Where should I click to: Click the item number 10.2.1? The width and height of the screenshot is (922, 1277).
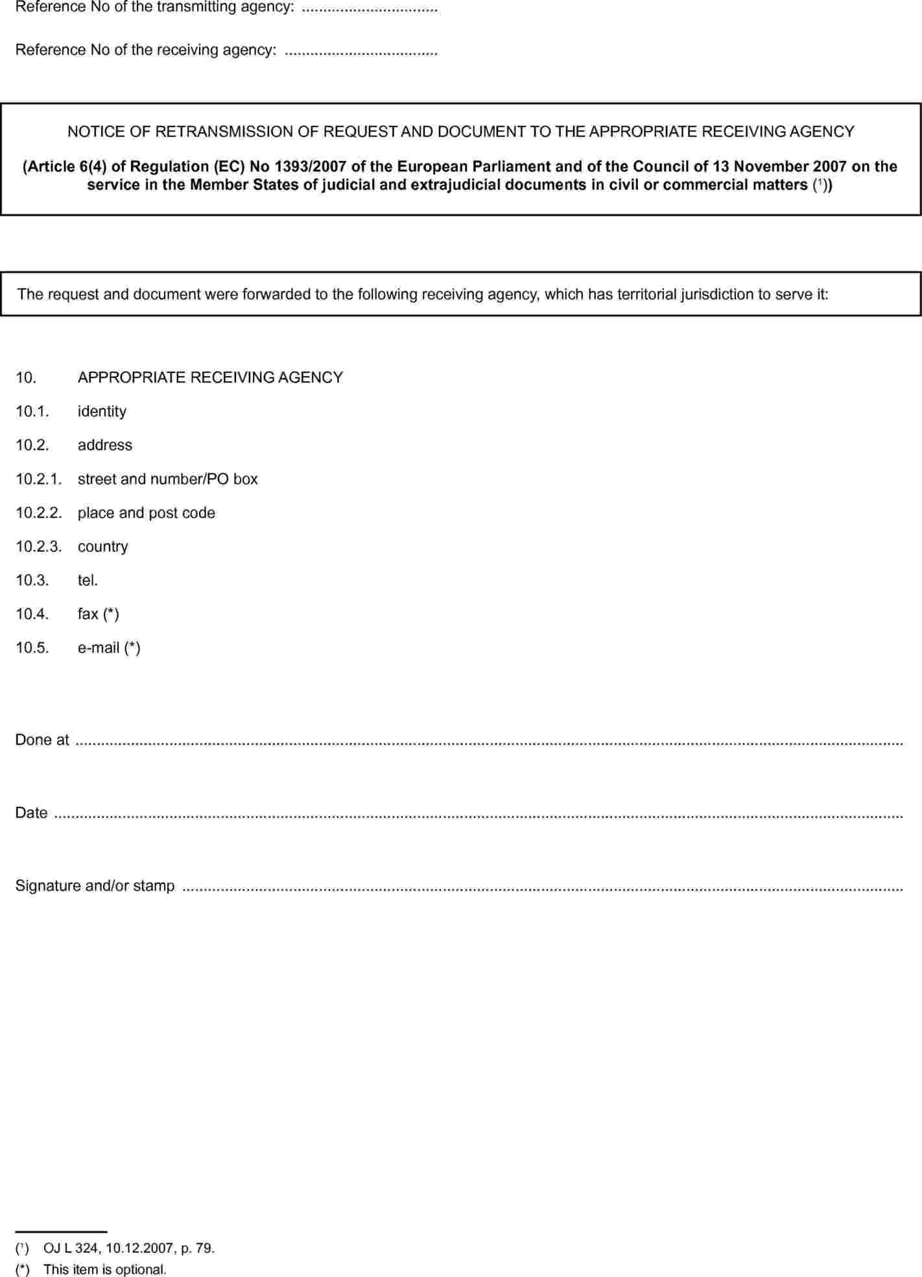pyautogui.click(x=38, y=479)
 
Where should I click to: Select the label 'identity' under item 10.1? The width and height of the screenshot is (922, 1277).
pyautogui.click(x=102, y=412)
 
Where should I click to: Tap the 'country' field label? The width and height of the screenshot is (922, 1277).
pyautogui.click(x=102, y=547)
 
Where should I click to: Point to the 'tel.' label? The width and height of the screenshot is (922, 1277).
pyautogui.click(x=88, y=580)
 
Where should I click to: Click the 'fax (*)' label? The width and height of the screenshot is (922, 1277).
pyautogui.click(x=98, y=614)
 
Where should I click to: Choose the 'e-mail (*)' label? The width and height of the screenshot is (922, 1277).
pyautogui.click(x=109, y=648)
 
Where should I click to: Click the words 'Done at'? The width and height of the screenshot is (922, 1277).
pyautogui.click(x=42, y=740)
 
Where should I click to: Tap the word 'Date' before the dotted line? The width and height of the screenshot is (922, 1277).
pyautogui.click(x=31, y=813)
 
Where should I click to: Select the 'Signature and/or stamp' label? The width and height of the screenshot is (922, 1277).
pyautogui.click(x=95, y=886)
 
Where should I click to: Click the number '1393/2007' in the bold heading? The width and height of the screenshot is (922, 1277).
pyautogui.click(x=310, y=167)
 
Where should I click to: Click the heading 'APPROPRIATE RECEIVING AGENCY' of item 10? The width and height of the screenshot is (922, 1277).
pyautogui.click(x=210, y=377)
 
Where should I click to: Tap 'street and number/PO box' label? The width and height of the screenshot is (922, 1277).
pyautogui.click(x=167, y=479)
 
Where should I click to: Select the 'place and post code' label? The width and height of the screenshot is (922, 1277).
pyautogui.click(x=146, y=513)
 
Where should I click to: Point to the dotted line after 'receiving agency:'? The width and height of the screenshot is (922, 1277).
pyautogui.click(x=361, y=51)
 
